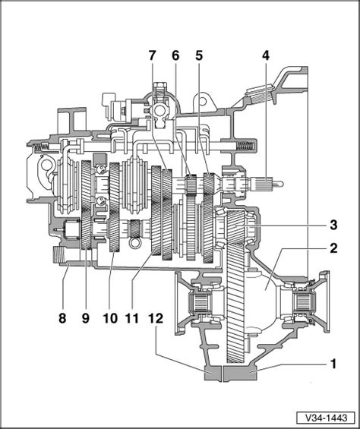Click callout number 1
click(333, 364)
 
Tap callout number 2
click(333, 248)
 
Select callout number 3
click(333, 226)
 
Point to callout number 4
click(266, 56)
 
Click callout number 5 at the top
click(199, 56)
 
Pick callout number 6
click(175, 56)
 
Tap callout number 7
click(152, 56)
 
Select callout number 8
click(62, 318)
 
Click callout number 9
click(86, 318)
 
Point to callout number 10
click(111, 318)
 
